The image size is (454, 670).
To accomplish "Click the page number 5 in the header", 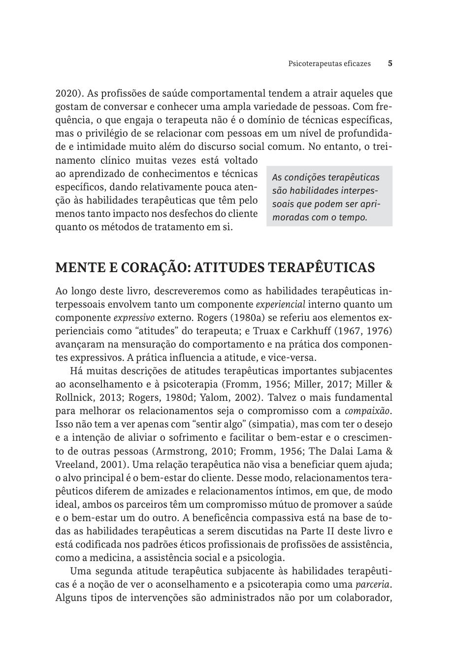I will pos(390,64).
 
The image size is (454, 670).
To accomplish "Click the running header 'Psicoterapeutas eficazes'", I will pos(329,64).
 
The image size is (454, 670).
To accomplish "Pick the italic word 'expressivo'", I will pos(134,317).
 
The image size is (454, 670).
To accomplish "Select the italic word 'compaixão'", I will pos(367,411).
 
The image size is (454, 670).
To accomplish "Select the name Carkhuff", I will pos(341,330).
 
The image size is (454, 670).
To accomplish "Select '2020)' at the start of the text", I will pos(67,93).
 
